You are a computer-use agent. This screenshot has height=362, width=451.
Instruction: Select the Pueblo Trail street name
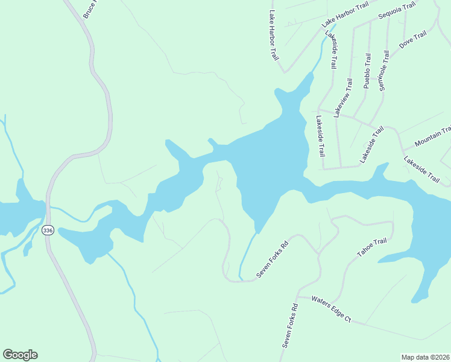point(367,71)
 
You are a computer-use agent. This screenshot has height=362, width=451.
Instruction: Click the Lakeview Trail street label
point(342,98)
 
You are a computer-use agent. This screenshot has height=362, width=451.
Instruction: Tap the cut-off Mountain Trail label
point(432,138)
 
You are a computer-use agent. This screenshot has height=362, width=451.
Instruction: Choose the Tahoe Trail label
point(371,247)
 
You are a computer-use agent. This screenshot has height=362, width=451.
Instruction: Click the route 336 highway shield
point(48,230)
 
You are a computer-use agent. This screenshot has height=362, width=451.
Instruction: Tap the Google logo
point(20,355)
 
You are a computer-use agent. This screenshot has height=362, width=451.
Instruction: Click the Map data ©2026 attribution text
point(424,357)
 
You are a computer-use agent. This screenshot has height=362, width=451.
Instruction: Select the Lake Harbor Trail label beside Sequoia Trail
point(344,14)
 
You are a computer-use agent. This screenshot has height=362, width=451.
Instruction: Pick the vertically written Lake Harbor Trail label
point(274,35)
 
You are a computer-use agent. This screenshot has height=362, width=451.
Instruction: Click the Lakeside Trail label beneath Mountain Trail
point(422,170)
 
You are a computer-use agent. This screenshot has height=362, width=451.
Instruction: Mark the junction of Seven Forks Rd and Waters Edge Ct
point(299,296)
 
